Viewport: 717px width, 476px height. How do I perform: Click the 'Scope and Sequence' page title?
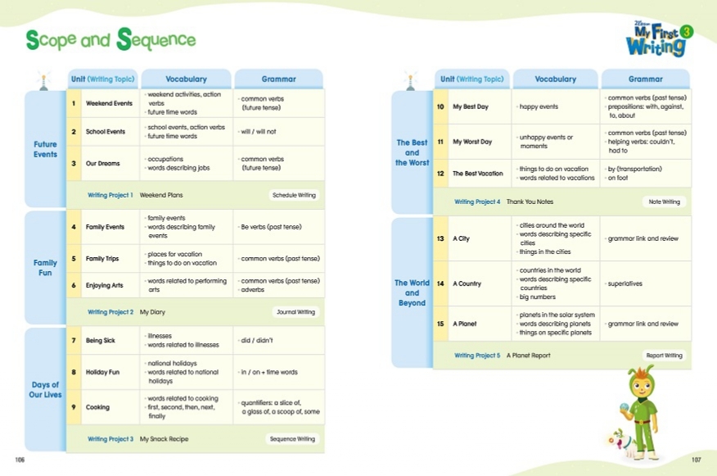click(110, 39)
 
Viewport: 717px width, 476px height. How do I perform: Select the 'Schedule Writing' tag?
click(295, 195)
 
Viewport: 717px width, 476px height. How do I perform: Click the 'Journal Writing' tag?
click(295, 312)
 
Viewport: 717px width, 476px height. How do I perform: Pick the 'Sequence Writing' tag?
click(293, 439)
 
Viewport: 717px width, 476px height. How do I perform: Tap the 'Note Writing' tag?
click(664, 202)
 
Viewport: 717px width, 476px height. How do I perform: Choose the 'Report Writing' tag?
click(664, 356)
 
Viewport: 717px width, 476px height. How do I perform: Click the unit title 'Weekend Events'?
click(109, 104)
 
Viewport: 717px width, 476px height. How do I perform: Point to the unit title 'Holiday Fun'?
click(102, 372)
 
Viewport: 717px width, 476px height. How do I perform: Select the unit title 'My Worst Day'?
click(472, 142)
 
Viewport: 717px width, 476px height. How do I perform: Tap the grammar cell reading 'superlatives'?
click(625, 284)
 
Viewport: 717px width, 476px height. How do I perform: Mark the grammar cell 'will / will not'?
click(258, 131)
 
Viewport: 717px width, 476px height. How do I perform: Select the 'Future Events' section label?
click(45, 149)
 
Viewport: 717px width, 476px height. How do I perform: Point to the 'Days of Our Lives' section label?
click(45, 390)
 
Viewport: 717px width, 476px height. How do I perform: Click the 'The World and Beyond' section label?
click(412, 292)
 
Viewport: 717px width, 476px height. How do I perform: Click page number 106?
click(20, 460)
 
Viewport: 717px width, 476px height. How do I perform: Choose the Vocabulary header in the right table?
click(556, 79)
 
